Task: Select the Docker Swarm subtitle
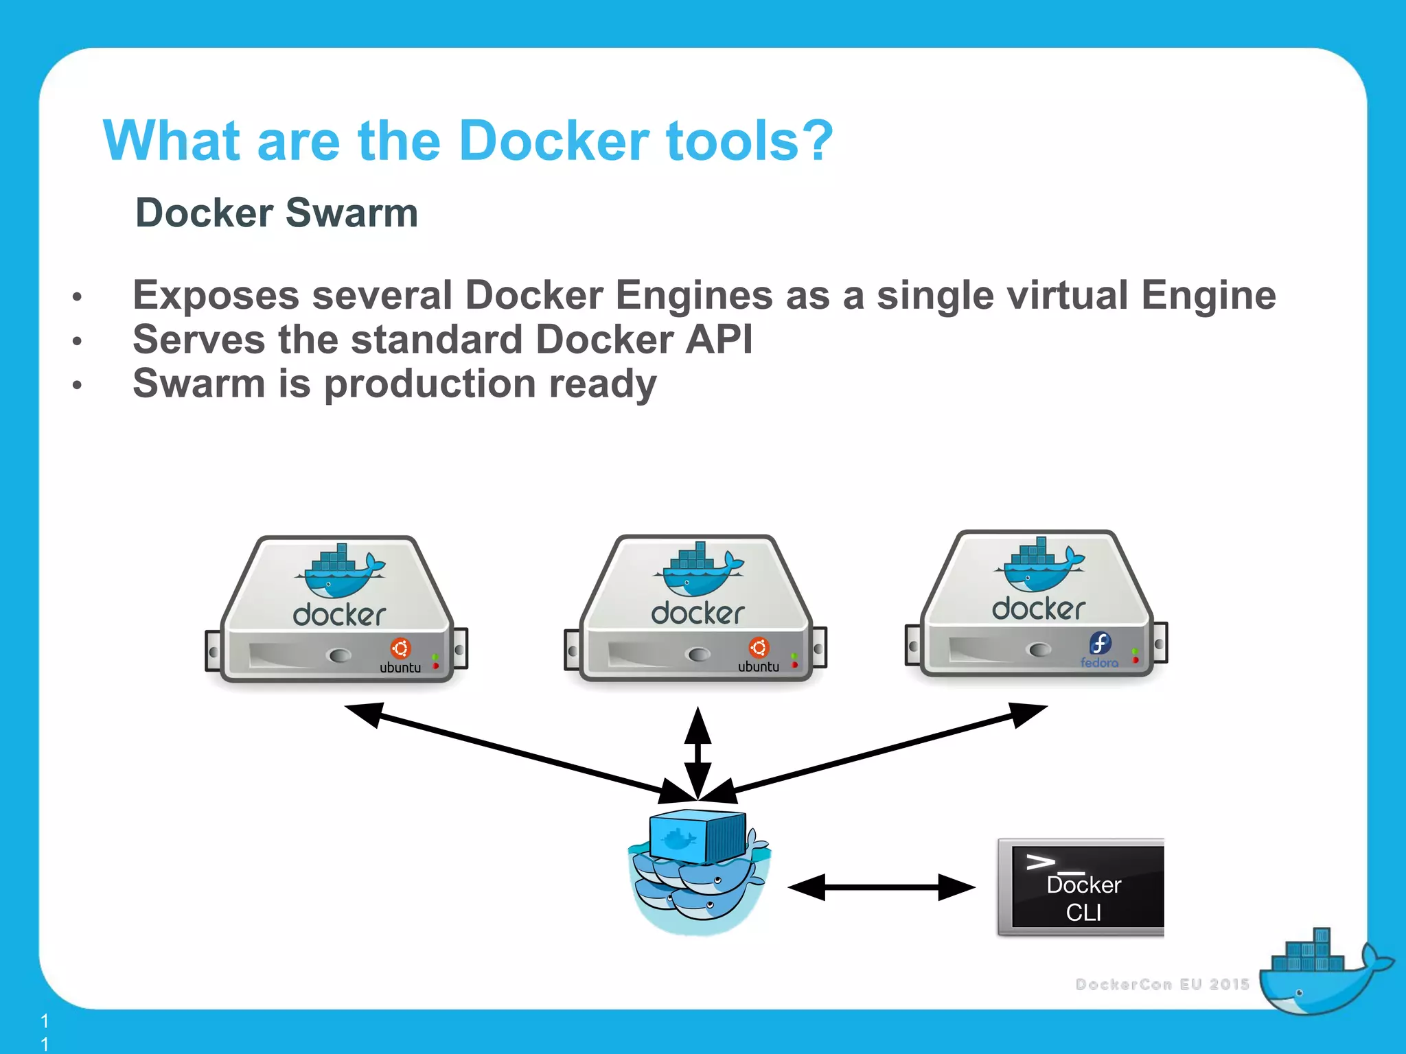[x=277, y=213]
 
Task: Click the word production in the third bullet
[x=430, y=383]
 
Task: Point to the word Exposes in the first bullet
[x=216, y=296]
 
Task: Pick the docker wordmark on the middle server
[x=698, y=613]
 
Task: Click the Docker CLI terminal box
[x=1082, y=888]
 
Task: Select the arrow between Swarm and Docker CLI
[x=881, y=887]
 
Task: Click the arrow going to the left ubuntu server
[x=522, y=755]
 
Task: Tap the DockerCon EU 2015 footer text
[x=1162, y=984]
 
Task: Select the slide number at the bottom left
[x=45, y=1032]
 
